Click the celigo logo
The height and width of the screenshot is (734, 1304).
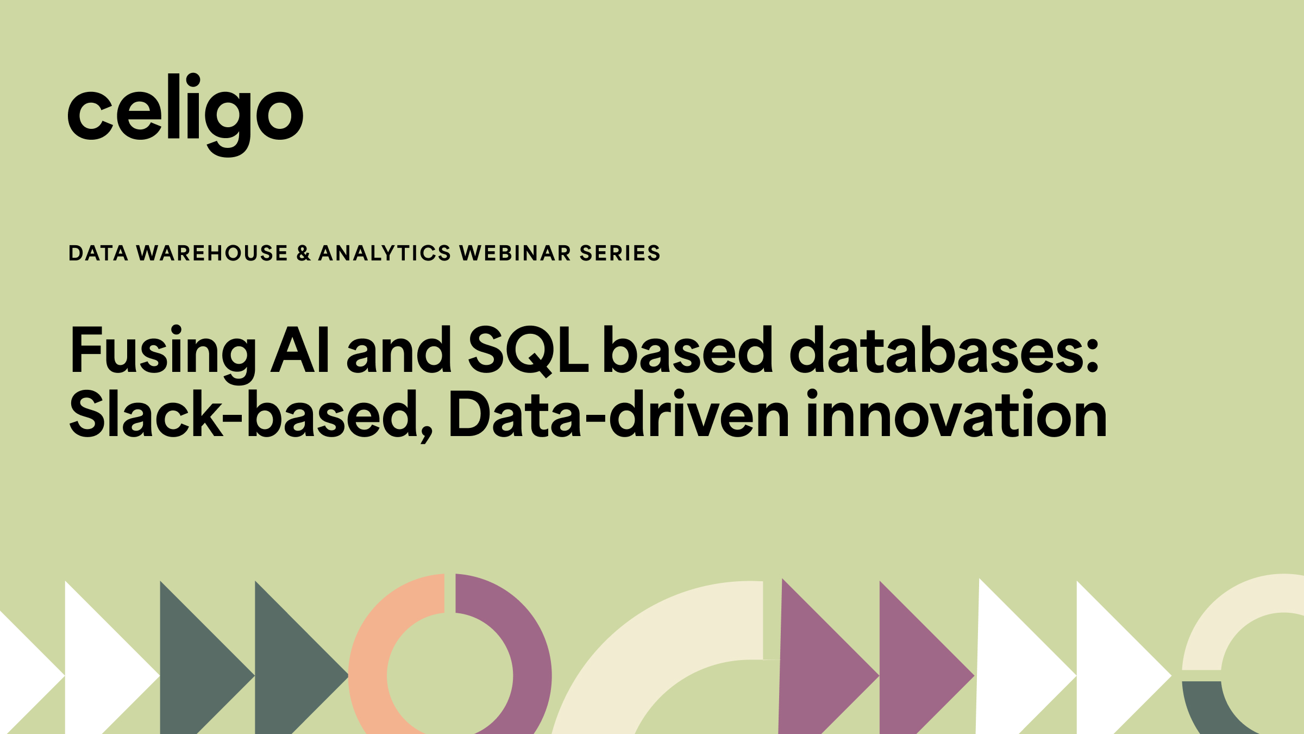tap(185, 115)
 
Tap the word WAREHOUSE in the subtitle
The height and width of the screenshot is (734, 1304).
tap(212, 253)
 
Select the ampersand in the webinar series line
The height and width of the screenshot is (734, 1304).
tap(303, 253)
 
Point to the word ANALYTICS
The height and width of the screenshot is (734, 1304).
tap(385, 253)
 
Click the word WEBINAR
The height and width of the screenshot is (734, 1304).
tap(515, 253)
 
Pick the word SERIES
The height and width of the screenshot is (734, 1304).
tap(620, 253)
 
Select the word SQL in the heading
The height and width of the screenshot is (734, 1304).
tap(528, 351)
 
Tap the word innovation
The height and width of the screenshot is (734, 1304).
tap(957, 414)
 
